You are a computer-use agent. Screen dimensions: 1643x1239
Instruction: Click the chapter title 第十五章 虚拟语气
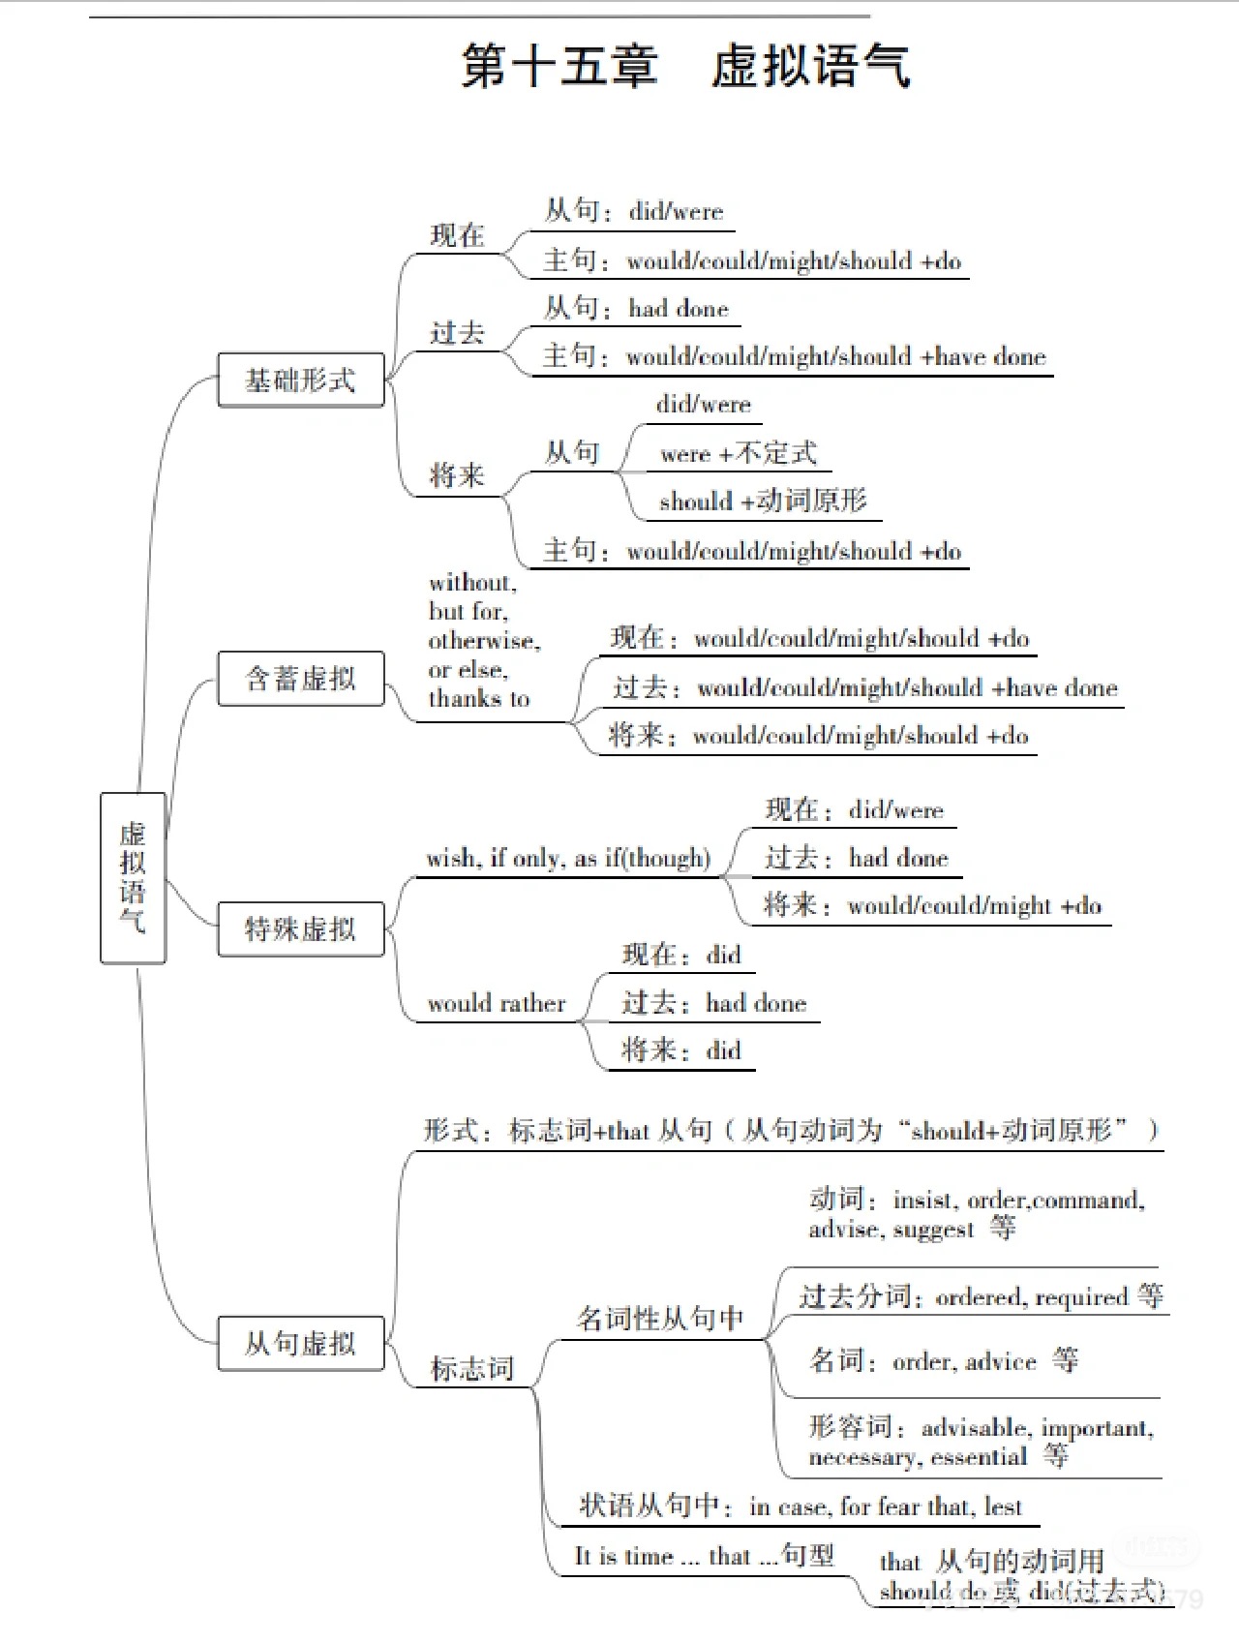tap(685, 67)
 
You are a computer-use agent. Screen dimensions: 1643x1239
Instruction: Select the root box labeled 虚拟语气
tap(133, 877)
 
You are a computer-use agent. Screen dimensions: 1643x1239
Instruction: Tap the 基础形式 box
tap(300, 380)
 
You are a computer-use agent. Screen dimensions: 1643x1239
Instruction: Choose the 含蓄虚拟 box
tap(300, 678)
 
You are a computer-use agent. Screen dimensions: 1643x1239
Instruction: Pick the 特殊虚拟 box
tap(300, 928)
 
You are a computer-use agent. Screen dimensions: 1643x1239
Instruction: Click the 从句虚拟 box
tap(300, 1343)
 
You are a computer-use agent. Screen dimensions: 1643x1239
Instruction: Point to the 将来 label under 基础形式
tap(457, 474)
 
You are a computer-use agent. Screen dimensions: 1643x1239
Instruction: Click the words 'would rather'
tap(497, 1003)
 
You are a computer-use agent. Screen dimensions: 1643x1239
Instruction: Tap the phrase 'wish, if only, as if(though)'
tap(568, 858)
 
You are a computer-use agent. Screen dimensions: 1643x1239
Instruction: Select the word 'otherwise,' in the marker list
tap(484, 641)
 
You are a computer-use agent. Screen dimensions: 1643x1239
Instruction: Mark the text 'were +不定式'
tap(738, 453)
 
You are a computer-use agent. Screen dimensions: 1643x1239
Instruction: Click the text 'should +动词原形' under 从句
tap(763, 501)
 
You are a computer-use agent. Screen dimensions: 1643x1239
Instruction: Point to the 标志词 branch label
tap(471, 1368)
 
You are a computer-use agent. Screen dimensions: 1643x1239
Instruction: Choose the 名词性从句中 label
tap(660, 1318)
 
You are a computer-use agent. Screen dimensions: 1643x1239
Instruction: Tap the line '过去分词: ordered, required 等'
tap(981, 1296)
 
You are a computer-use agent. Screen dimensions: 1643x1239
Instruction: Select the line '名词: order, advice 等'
tap(944, 1360)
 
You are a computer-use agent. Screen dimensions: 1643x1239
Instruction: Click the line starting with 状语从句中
tap(800, 1506)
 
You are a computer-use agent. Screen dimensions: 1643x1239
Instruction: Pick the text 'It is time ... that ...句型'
tap(704, 1556)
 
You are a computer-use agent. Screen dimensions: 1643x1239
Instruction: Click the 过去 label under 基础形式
tap(457, 332)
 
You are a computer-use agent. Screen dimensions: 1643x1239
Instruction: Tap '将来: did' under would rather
tap(680, 1050)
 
